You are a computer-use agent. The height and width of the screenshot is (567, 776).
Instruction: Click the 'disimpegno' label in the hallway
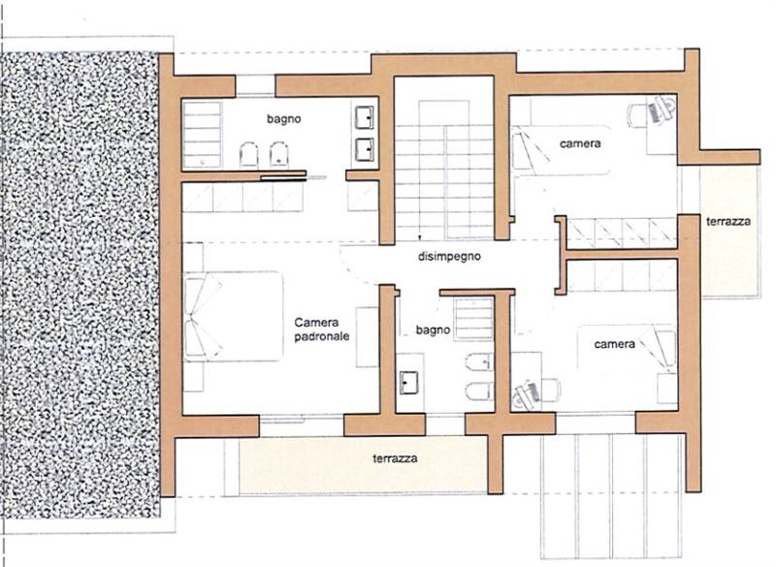pos(449,257)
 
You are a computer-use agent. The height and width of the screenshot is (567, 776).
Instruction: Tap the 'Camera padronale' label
pos(322,330)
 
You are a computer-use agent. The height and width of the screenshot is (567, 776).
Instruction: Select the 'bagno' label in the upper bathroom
pos(284,119)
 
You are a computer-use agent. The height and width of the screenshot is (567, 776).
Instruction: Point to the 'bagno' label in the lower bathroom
pos(433,331)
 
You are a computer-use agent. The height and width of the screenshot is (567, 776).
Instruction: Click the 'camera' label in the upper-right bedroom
pos(580,143)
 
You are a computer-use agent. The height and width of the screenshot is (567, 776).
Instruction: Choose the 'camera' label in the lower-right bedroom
pos(615,344)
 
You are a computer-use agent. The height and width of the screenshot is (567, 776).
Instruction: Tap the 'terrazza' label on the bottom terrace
pos(395,458)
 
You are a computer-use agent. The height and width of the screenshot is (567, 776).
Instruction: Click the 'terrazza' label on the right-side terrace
pos(728,221)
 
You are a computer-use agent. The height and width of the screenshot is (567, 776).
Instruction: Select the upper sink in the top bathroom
pos(365,117)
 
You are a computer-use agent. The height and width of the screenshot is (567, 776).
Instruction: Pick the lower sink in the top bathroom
pos(365,149)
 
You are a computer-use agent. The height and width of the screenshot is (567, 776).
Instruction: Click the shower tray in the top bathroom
pos(203,135)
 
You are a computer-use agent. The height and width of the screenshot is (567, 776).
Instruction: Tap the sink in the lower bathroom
pos(408,383)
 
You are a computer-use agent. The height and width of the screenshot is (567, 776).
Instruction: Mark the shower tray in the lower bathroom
pos(473,319)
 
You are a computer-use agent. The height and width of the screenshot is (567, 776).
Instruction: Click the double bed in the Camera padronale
pos(234,316)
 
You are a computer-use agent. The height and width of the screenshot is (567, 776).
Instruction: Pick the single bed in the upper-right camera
pos(562,149)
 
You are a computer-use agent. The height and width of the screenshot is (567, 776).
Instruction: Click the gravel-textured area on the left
pos(81,284)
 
